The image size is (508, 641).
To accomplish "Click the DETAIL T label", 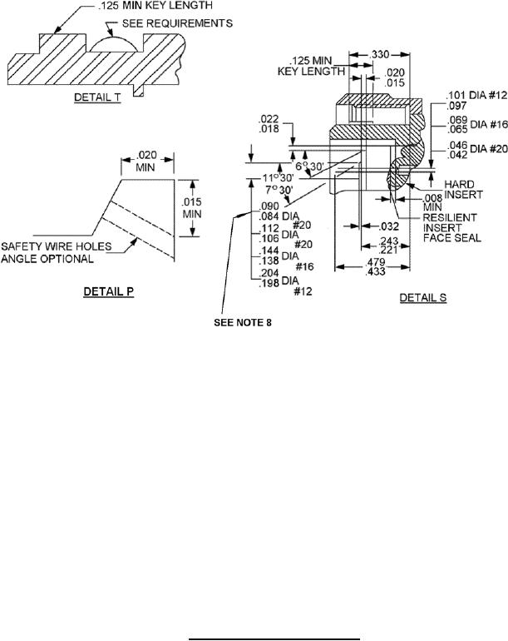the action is point(97,97).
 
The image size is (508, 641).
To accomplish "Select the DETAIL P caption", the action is point(109,291).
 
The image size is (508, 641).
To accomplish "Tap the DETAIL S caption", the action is point(423,298).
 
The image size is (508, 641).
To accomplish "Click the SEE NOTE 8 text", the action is point(243,322).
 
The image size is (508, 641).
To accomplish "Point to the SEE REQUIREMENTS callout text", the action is point(177,23).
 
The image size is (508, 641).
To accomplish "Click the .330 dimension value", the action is point(378,54).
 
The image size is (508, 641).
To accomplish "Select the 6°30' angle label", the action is point(309,166).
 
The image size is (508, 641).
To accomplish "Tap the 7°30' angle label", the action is point(279,190).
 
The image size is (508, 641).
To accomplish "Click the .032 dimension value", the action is point(388,226).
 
